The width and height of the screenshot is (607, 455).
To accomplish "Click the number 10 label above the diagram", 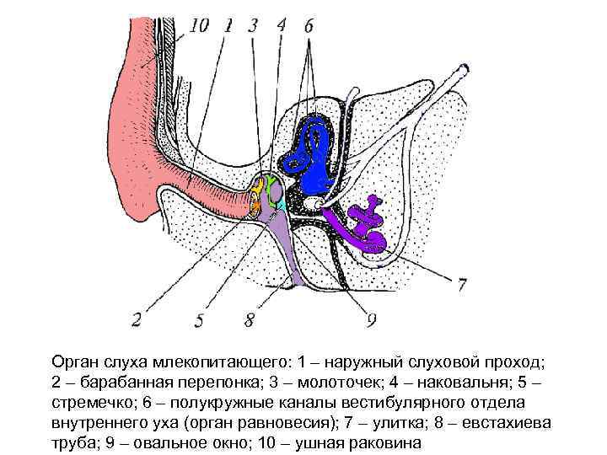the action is point(199,26).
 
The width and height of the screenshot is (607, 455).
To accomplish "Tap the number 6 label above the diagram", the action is point(309,26).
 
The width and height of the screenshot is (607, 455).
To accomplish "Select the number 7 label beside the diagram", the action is point(461,285).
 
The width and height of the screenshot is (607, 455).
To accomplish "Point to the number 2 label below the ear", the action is point(137,319).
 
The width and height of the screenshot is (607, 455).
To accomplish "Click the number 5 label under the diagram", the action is point(198,320).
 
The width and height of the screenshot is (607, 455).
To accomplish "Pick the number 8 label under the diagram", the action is point(249,320).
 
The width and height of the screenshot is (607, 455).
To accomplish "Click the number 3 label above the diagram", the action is point(253,25).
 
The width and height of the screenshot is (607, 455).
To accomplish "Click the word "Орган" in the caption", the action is point(74,362).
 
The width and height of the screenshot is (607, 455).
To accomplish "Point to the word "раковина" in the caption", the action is point(384,443).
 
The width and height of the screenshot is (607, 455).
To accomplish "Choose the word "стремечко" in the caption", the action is point(92,403).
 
